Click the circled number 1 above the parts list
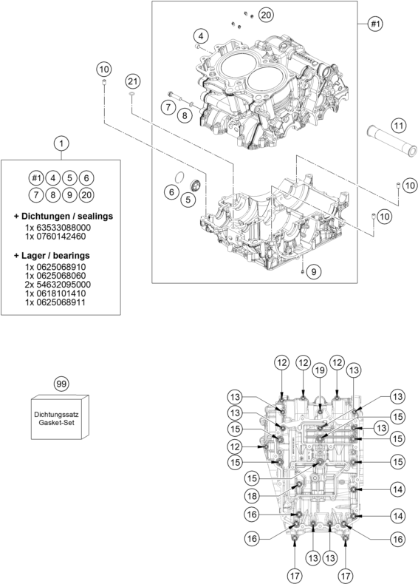point(62,143)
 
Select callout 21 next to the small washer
point(132,80)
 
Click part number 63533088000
point(58,228)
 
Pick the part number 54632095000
point(58,284)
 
